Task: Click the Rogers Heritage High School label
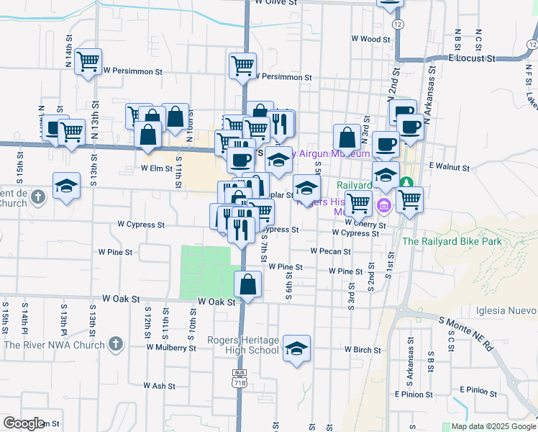242,345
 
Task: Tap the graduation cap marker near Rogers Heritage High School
296,349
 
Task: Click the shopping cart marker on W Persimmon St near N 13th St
88,62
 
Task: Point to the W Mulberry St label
171,347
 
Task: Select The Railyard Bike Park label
452,242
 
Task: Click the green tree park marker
406,183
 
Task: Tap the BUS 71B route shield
240,379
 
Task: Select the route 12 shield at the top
398,24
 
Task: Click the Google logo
25,423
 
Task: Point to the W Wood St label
370,39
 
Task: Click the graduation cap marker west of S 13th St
66,186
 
